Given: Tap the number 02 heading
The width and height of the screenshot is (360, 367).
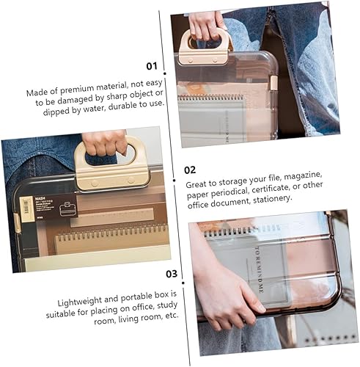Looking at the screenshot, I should point(190,169).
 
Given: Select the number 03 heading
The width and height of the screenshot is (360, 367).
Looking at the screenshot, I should point(169,274).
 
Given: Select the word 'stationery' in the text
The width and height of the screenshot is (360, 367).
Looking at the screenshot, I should point(270,209).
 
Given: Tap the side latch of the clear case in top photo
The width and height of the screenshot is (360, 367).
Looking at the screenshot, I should point(273,81).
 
